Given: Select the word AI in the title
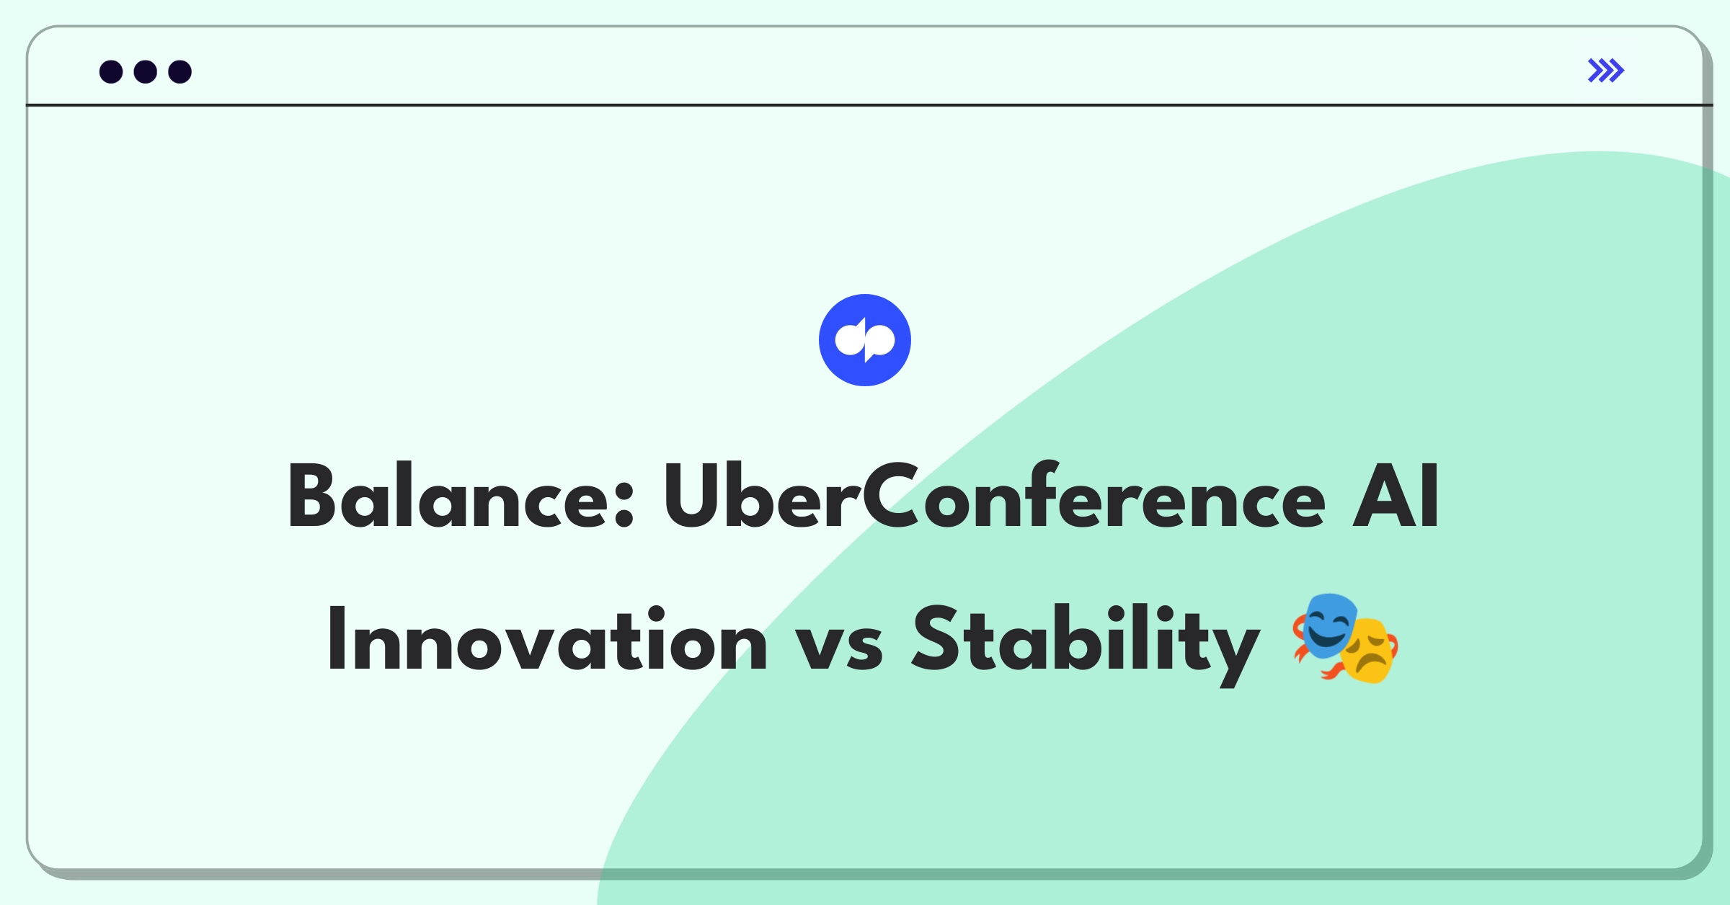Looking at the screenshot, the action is pos(1396,496).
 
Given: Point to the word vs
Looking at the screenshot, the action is pos(839,647).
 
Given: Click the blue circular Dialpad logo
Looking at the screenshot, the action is pos(865,340).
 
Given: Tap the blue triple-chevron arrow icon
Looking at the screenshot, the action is pos(1606,71).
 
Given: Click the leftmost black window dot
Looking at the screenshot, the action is pos(111,72).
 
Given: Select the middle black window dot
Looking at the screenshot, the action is pos(146,72).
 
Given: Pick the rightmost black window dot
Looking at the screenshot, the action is pos(180,72).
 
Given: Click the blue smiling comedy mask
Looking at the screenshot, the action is pos(1325,625).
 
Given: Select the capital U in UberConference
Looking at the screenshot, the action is pos(693,496).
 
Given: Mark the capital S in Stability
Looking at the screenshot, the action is pos(938,638).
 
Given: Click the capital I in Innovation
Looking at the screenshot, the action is pos(336,639).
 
